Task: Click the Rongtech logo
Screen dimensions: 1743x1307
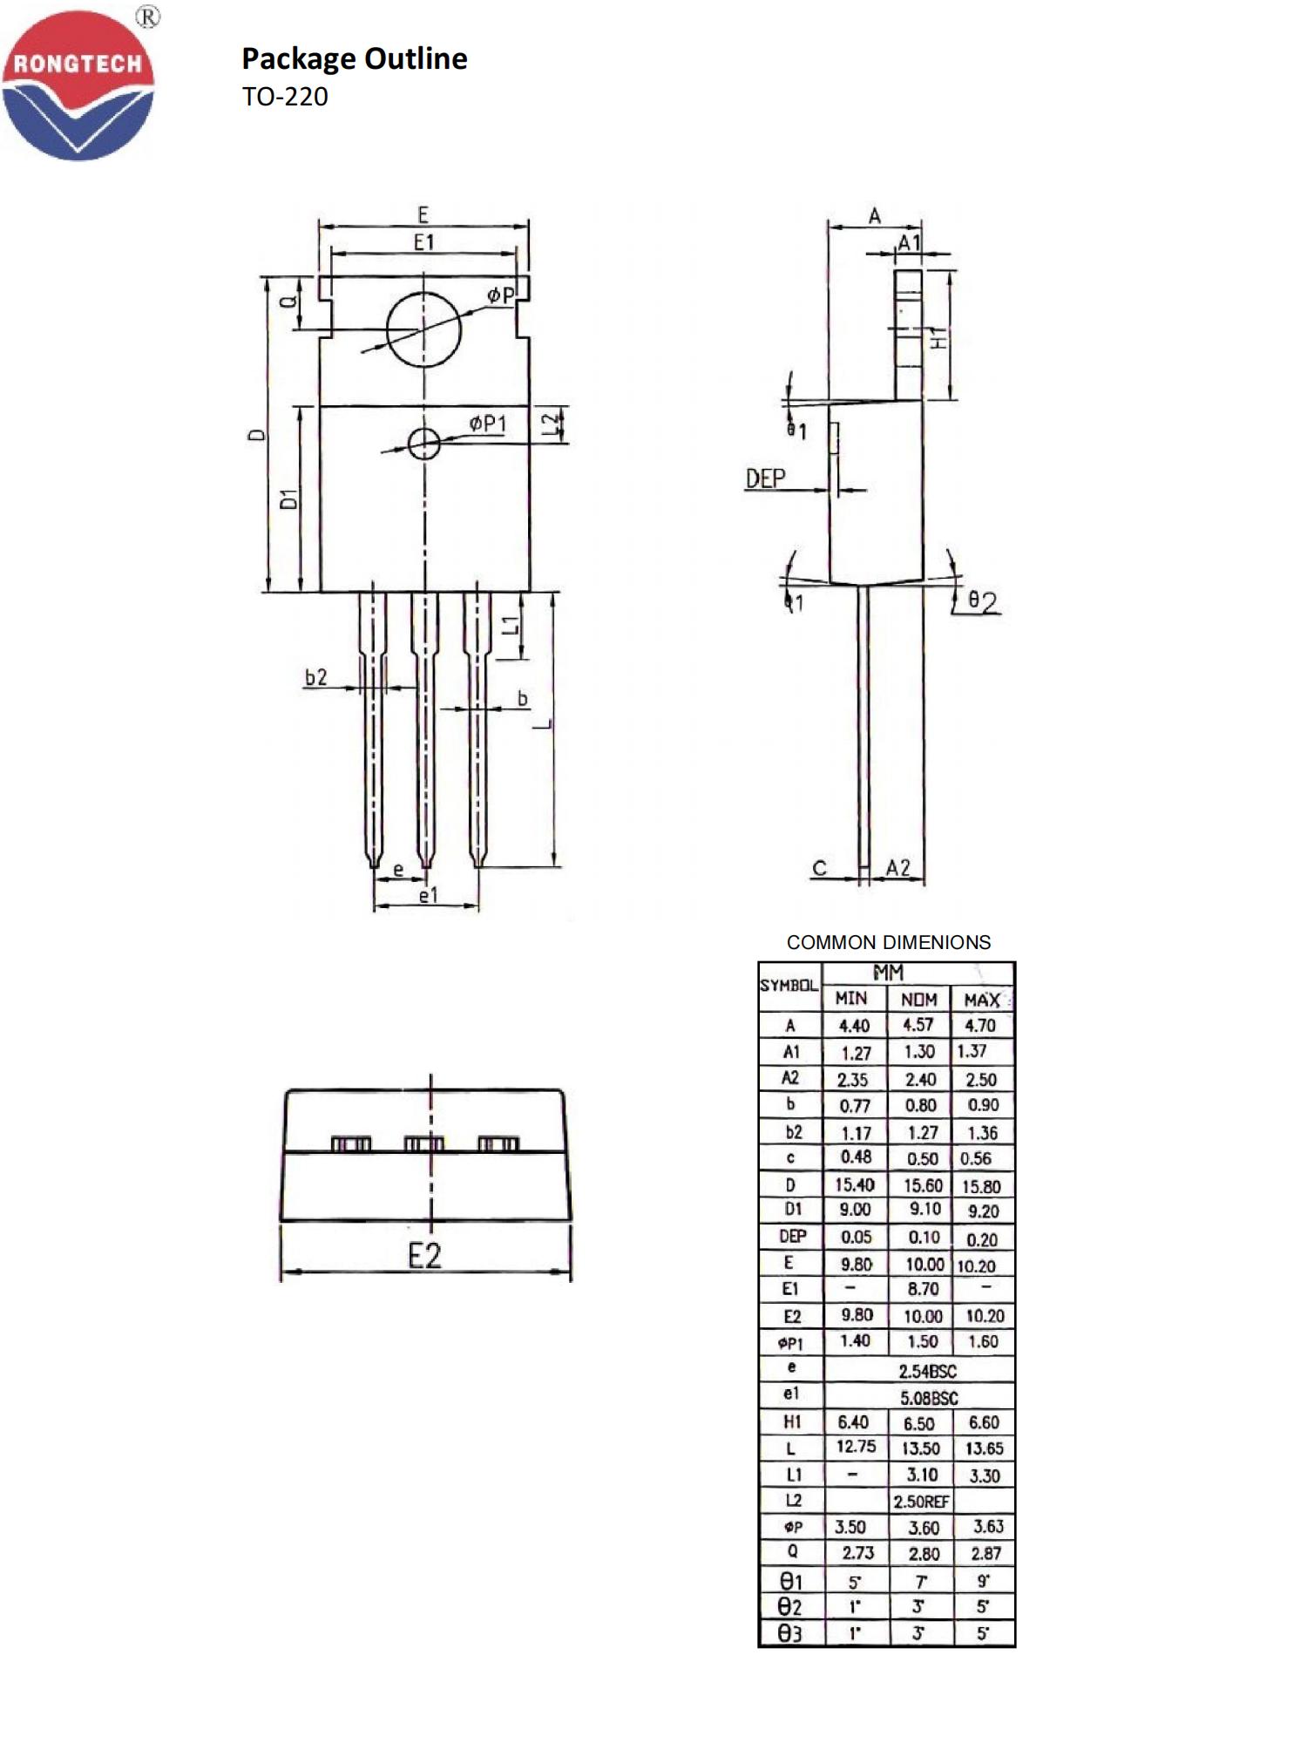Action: coord(78,85)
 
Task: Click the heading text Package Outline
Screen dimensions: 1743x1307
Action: coord(354,58)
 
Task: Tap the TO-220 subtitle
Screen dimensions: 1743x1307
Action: coord(285,97)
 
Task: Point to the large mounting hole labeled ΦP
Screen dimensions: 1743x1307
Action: coord(423,330)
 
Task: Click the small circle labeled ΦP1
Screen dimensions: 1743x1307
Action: coord(424,444)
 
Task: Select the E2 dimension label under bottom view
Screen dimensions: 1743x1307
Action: coord(424,1256)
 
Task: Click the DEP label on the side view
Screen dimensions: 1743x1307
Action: coord(765,478)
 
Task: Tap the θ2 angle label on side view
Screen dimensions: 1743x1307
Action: coord(983,601)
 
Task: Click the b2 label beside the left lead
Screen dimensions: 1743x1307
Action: coord(316,677)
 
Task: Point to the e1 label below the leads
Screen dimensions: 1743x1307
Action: coord(428,895)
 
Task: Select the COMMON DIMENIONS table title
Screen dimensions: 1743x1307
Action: coord(888,942)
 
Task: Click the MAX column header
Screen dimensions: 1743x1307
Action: coord(982,1000)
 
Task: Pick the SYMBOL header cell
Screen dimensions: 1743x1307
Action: coord(789,986)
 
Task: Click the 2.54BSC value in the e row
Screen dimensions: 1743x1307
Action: coord(927,1371)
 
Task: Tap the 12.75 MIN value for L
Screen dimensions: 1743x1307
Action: coord(856,1447)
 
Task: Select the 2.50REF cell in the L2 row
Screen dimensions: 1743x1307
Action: coord(921,1502)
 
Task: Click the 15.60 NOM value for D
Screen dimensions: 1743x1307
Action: coord(922,1185)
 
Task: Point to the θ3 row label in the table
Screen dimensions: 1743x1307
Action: coord(790,1634)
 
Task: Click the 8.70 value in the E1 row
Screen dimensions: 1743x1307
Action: coord(922,1289)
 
